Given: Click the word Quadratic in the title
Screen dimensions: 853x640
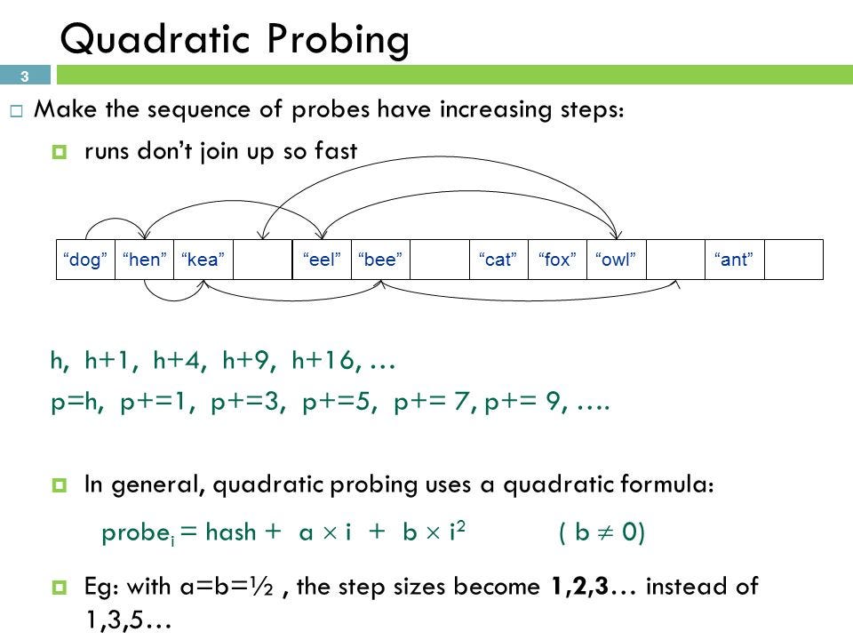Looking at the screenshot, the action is pos(155,40).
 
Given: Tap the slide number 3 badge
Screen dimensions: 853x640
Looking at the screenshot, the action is pos(25,75).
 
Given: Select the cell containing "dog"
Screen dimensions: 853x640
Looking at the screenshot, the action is pos(85,260).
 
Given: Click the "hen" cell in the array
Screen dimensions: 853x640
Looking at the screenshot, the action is pos(144,260).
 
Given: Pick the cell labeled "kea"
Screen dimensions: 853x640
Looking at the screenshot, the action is pos(203,260).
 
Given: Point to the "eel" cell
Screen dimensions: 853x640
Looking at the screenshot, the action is pos(322,260).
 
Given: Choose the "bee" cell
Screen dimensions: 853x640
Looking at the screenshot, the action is pos(381,260).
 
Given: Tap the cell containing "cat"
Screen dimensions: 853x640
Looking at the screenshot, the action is pos(498,260).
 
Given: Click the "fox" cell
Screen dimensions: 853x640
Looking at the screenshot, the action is pos(557,260).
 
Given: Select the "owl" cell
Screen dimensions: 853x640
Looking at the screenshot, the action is pos(617,260).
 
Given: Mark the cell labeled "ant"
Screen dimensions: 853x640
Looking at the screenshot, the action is pos(735,260).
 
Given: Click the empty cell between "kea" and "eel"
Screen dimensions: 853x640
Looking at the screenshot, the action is pos(263,260).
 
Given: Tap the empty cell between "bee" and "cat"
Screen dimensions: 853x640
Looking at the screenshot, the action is pos(440,260).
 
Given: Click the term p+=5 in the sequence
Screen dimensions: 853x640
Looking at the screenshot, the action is pos(339,402).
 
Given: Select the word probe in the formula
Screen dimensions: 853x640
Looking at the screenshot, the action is pos(136,532).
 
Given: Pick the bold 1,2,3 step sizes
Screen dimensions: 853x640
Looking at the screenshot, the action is pos(579,586).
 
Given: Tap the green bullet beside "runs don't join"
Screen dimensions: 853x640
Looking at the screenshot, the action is pos(60,151).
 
